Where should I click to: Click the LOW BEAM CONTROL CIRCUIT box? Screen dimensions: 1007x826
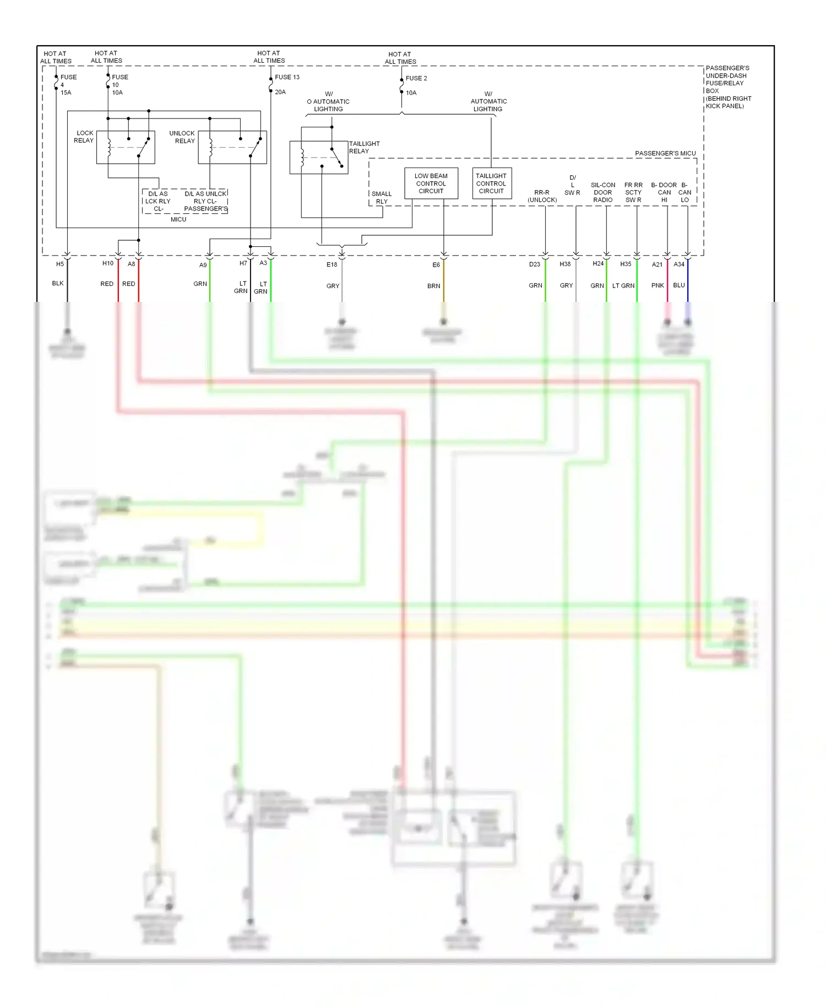pyautogui.click(x=431, y=183)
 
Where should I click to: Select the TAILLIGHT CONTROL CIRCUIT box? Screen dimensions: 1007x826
pyautogui.click(x=491, y=183)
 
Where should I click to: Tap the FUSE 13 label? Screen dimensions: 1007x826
pyautogui.click(x=287, y=77)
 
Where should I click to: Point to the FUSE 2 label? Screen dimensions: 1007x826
pyautogui.click(x=416, y=78)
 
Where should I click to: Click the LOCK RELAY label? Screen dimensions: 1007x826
pyautogui.click(x=84, y=137)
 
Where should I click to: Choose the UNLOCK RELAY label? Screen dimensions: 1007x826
pyautogui.click(x=182, y=137)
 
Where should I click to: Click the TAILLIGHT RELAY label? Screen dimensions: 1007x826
pyautogui.click(x=363, y=147)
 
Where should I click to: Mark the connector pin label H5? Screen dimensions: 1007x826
pyautogui.click(x=60, y=264)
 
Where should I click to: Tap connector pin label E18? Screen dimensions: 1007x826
pyautogui.click(x=332, y=264)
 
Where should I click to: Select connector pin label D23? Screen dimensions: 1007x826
pyautogui.click(x=535, y=264)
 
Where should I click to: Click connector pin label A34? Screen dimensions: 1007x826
pyautogui.click(x=679, y=264)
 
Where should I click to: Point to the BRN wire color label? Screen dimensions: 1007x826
pyautogui.click(x=433, y=286)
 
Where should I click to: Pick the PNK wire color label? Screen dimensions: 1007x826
pyautogui.click(x=657, y=285)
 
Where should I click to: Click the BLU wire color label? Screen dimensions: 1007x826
pyautogui.click(x=679, y=285)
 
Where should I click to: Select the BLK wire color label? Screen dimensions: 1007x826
pyautogui.click(x=58, y=283)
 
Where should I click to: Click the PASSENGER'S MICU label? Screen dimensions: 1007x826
pyautogui.click(x=665, y=153)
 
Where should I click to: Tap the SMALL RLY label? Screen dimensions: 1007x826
pyautogui.click(x=382, y=198)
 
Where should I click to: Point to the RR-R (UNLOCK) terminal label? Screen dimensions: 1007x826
pyautogui.click(x=542, y=196)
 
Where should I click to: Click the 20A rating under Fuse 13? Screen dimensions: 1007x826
pyautogui.click(x=280, y=92)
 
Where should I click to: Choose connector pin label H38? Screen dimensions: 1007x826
pyautogui.click(x=565, y=264)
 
